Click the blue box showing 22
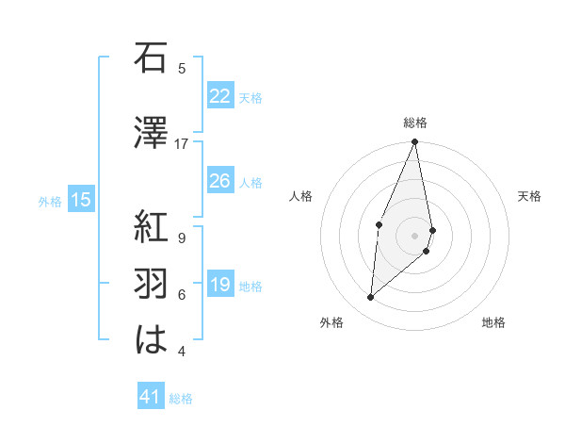220,96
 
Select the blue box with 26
220,181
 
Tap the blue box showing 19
220,285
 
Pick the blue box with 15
81,200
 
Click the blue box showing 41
151,398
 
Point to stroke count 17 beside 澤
182,143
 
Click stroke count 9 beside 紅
182,238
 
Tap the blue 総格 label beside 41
182,399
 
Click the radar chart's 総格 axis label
415,123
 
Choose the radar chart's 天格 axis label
530,196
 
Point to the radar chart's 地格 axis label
493,323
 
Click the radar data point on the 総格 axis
415,142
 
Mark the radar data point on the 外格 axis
371,298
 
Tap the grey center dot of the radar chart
415,234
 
